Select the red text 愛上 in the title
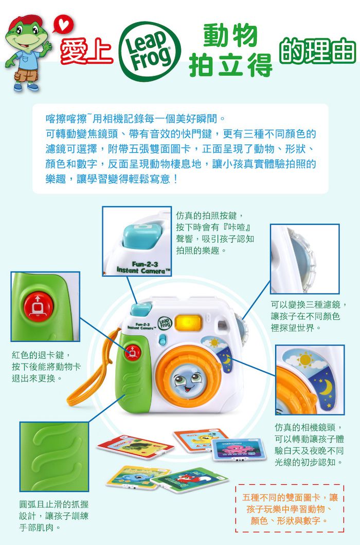coord(87,52)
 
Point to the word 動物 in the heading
coord(230,34)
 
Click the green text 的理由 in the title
coord(317,52)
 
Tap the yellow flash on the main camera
coord(188,322)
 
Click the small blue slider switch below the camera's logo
coord(163,340)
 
